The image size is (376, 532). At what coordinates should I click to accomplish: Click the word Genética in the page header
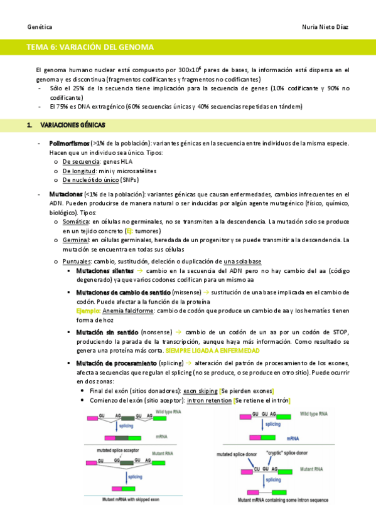[40, 28]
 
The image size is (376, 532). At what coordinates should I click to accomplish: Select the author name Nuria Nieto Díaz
[325, 28]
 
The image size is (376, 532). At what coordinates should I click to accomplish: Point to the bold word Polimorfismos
[69, 143]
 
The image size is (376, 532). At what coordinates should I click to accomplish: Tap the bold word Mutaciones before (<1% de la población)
[65, 194]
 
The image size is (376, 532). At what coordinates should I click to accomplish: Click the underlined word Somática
[75, 221]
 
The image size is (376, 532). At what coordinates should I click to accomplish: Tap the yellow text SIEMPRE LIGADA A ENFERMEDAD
[217, 349]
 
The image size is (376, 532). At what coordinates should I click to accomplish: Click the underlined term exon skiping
[202, 390]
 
